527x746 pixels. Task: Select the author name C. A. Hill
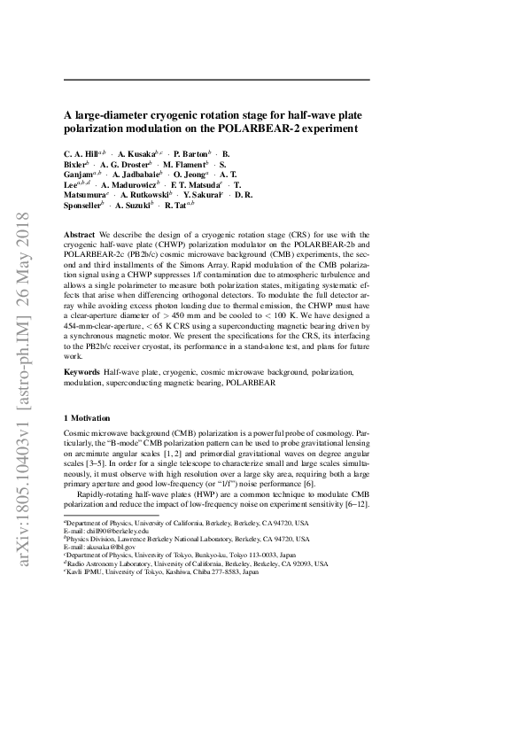(x=82, y=153)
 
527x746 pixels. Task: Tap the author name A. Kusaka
(x=137, y=153)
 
